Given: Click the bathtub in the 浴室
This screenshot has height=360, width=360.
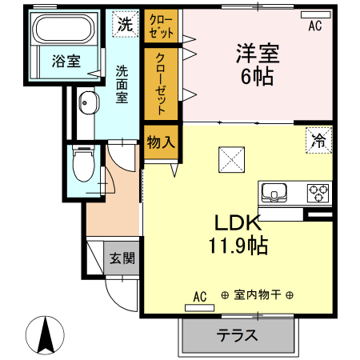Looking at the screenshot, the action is (x=65, y=28).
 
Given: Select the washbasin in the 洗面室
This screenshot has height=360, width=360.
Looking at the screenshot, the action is (x=89, y=103).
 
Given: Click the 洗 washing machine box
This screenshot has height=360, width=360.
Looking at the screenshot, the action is (x=126, y=24).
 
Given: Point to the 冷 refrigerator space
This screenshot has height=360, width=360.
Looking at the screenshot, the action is (x=319, y=140).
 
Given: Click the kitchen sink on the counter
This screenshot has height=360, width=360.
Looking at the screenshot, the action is (x=274, y=192).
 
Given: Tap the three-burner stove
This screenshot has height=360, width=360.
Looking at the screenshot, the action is (x=318, y=193).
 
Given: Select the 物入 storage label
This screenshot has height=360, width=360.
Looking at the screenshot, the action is (x=161, y=142).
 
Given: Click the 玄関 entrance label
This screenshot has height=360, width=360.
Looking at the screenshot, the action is (x=122, y=258).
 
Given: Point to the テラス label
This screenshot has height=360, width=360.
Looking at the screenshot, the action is (x=237, y=335).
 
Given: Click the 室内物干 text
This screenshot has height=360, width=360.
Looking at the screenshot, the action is (x=258, y=295).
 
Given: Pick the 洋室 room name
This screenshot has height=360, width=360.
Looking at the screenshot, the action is (x=258, y=54).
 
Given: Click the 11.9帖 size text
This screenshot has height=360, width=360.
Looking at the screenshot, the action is (x=238, y=246).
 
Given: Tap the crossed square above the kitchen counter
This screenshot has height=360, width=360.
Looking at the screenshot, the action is (x=231, y=160).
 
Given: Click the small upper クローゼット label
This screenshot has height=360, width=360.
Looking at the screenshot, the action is (x=161, y=26).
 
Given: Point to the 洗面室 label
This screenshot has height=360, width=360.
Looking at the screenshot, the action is (x=122, y=84).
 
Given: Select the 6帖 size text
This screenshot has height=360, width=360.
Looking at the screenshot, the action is (x=258, y=77).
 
